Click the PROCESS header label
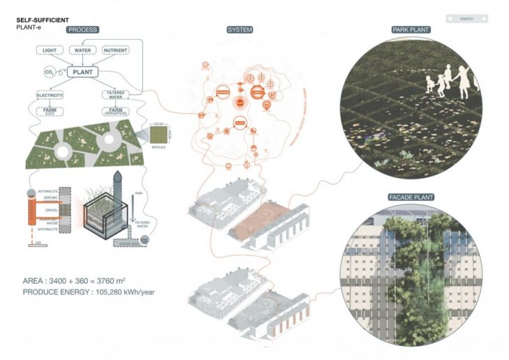tap(83, 30)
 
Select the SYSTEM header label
tap(239, 30)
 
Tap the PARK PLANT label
tap(411, 30)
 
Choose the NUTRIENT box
tap(116, 51)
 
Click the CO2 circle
tap(50, 72)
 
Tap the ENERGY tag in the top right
tap(466, 19)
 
